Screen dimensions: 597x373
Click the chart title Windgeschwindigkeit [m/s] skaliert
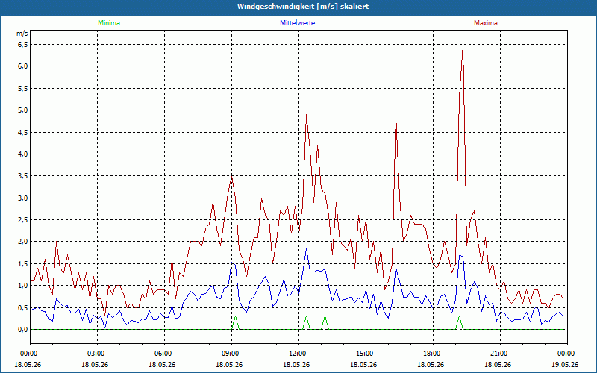[303, 7]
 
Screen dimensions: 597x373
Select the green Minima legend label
[109, 23]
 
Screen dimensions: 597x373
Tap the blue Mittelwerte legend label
[297, 23]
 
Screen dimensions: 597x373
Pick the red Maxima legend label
[486, 23]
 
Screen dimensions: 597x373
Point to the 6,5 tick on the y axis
[22, 45]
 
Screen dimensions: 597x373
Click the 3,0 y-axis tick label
[22, 198]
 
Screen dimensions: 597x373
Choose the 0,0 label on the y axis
[22, 329]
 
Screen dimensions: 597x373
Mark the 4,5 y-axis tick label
[22, 132]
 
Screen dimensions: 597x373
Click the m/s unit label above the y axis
[22, 34]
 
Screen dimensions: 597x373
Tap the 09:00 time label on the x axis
[231, 354]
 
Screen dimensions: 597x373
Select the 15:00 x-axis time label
[366, 354]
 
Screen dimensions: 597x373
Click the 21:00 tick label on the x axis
[500, 354]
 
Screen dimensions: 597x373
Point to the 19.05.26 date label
[565, 364]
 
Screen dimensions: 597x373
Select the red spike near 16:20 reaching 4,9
[396, 115]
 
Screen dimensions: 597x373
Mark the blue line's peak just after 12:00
[306, 248]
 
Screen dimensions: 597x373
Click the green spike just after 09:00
[235, 316]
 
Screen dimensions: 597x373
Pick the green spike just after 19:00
[459, 316]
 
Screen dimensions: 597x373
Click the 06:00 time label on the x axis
[164, 354]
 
